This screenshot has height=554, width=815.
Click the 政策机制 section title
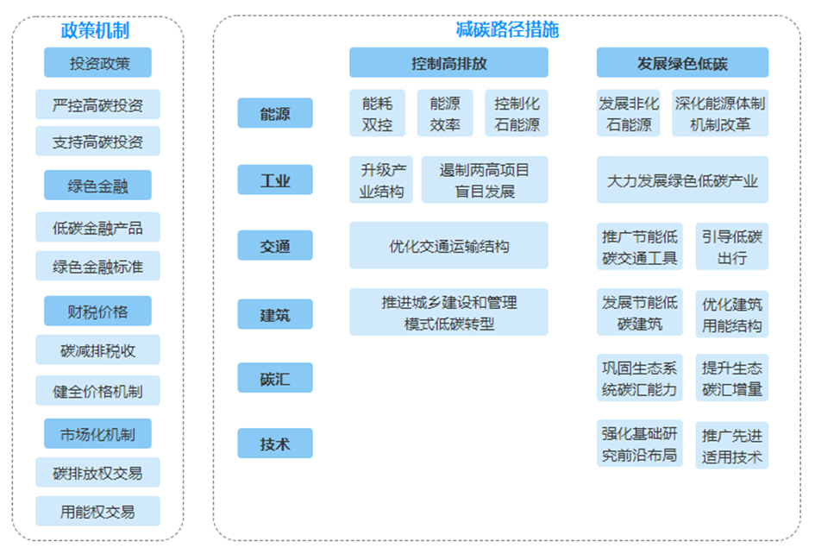click(x=95, y=30)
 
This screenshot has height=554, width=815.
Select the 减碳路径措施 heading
click(x=507, y=29)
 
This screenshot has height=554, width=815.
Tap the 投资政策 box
click(x=97, y=63)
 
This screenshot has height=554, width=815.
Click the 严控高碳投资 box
click(x=97, y=104)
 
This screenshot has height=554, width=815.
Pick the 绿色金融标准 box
click(x=97, y=266)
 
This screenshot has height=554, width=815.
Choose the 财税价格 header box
click(x=97, y=311)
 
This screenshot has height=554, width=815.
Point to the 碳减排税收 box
click(x=97, y=350)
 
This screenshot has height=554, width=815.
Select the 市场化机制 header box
click(x=97, y=434)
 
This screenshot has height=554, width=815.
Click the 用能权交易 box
click(x=97, y=512)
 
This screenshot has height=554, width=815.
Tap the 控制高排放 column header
click(x=448, y=63)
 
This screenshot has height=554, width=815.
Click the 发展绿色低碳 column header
click(x=682, y=63)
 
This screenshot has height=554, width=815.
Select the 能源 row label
click(x=275, y=113)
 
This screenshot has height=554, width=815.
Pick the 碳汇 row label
click(x=275, y=378)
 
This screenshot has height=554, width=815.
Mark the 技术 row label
click(x=275, y=444)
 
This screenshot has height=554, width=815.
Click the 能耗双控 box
click(x=378, y=113)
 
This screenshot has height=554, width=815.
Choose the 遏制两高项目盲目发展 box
click(x=485, y=180)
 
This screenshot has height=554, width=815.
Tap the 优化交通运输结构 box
click(x=448, y=246)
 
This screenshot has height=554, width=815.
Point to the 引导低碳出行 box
click(x=732, y=247)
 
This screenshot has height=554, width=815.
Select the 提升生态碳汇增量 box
click(x=732, y=378)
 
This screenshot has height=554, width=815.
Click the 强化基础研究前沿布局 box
click(x=639, y=444)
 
